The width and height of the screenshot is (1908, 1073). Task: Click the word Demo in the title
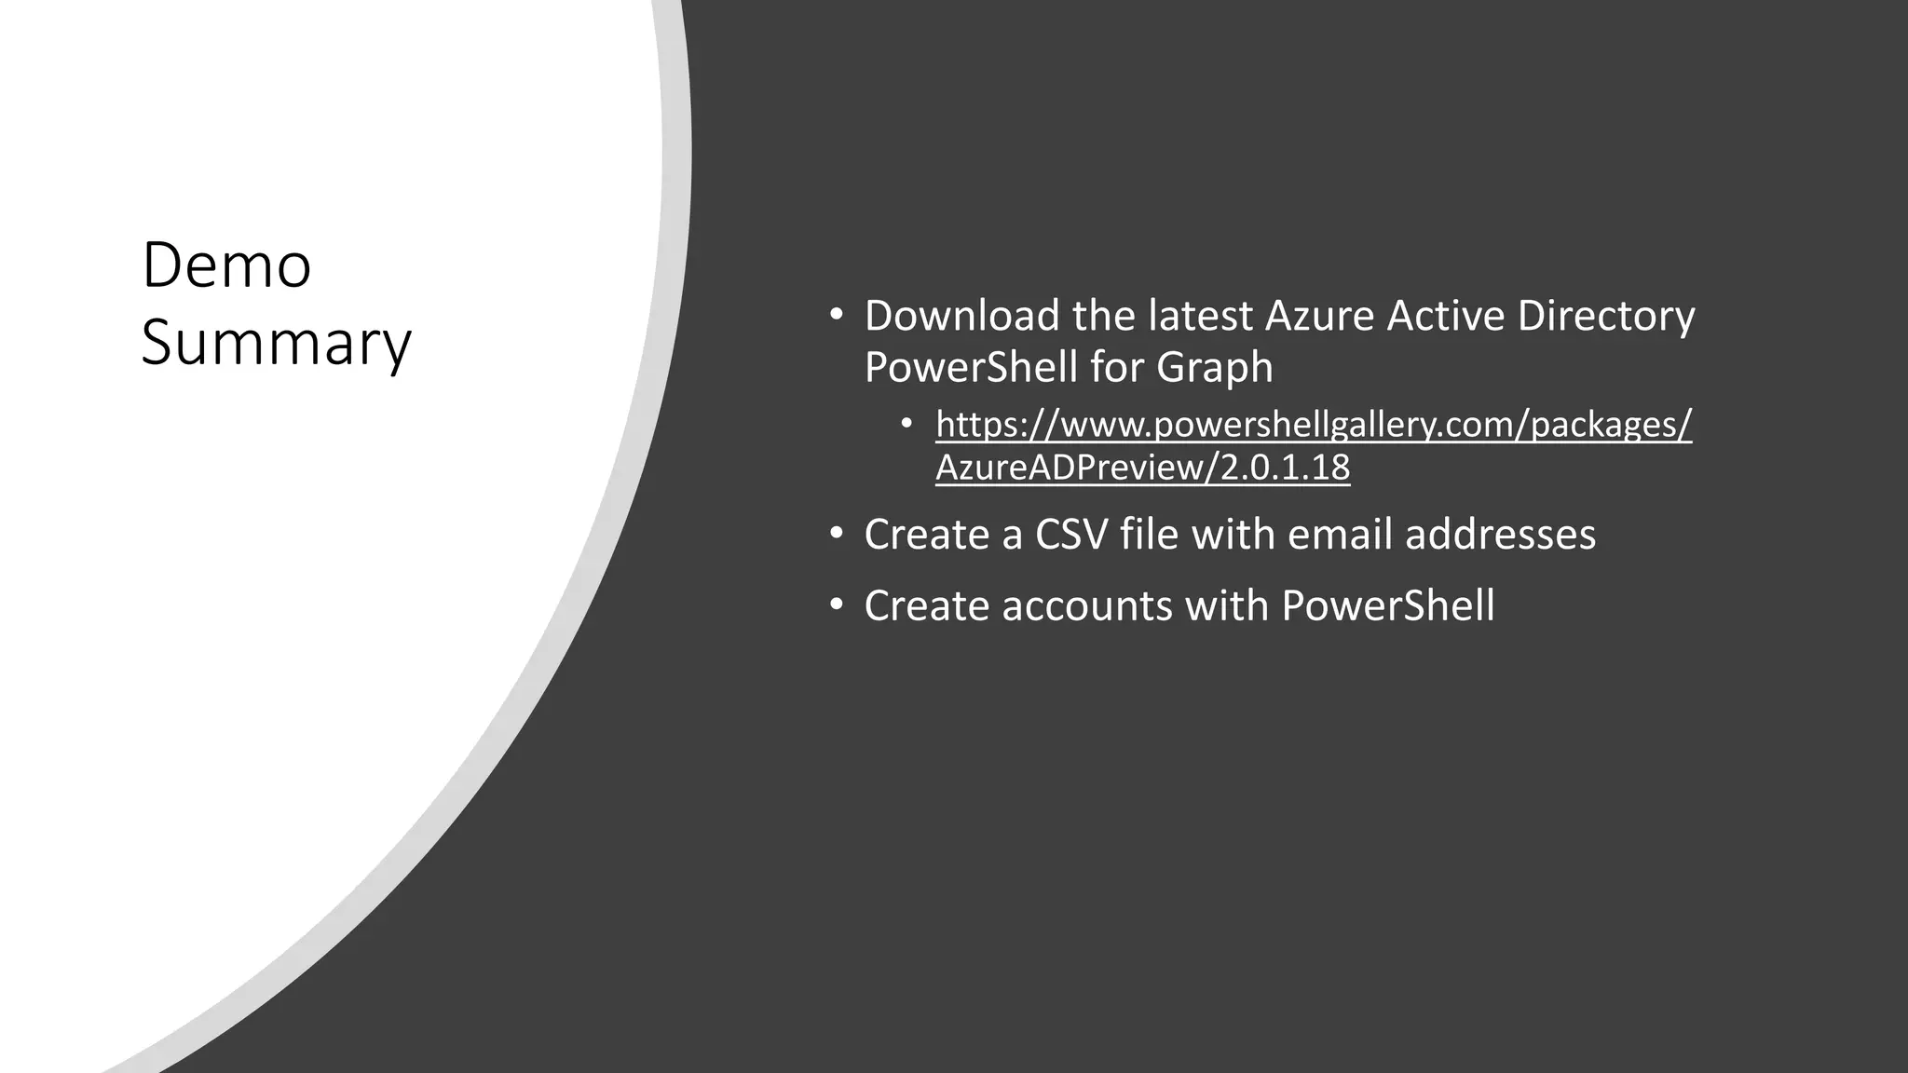pos(226,266)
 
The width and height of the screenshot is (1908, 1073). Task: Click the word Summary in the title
pos(276,344)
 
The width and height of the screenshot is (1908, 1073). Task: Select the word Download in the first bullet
pos(961,316)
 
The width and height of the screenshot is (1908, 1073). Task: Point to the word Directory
pos(1605,316)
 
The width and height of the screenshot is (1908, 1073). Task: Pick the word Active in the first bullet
pos(1445,316)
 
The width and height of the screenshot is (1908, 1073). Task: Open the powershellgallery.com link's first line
pos(1314,425)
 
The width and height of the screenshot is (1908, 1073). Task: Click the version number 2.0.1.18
pos(1285,468)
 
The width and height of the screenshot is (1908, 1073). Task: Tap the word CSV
pos(1070,535)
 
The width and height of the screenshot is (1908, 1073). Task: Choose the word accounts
pos(1087,605)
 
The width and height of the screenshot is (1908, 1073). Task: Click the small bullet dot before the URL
pos(907,425)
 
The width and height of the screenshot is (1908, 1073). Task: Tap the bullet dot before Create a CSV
pos(836,534)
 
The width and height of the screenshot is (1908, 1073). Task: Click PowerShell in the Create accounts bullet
pos(1387,605)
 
